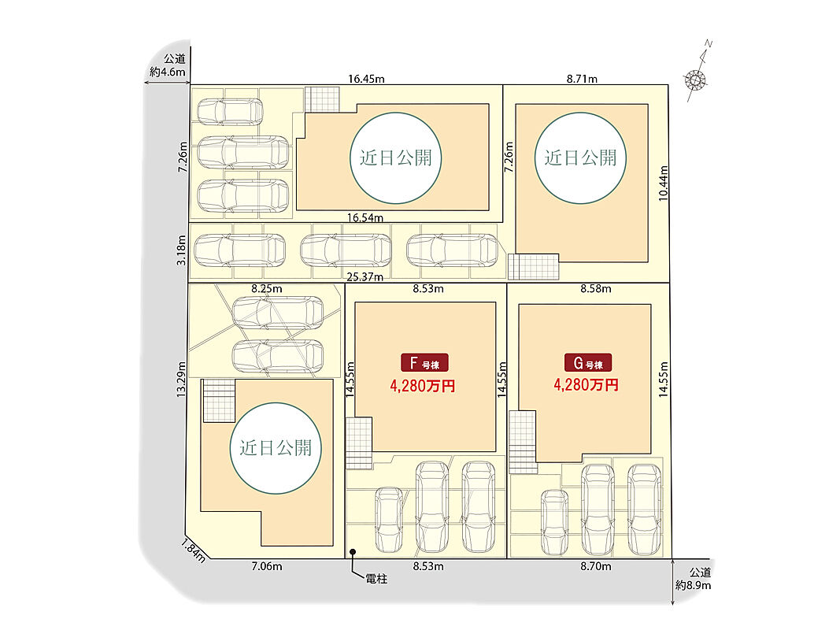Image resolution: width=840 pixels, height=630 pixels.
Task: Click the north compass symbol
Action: coord(696,79)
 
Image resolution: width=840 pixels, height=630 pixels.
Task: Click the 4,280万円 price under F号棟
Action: coord(423,386)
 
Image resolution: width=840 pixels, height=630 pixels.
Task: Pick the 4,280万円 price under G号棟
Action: coord(586,386)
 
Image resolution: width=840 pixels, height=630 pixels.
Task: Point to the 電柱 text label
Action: coord(376,580)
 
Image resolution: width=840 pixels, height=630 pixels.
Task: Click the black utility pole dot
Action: coord(353,553)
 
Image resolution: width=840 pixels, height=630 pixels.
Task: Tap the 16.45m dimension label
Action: coord(366,79)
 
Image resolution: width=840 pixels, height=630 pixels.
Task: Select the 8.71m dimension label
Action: coord(583,79)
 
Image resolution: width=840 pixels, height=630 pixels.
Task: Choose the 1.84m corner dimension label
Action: coord(194,550)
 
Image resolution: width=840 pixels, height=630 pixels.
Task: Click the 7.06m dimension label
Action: coord(267,565)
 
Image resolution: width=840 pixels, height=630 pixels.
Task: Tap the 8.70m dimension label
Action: coord(597,565)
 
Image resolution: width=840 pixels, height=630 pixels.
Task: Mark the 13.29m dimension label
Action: coord(181,380)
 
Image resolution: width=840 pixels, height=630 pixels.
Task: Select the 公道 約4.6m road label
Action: coord(168,66)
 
